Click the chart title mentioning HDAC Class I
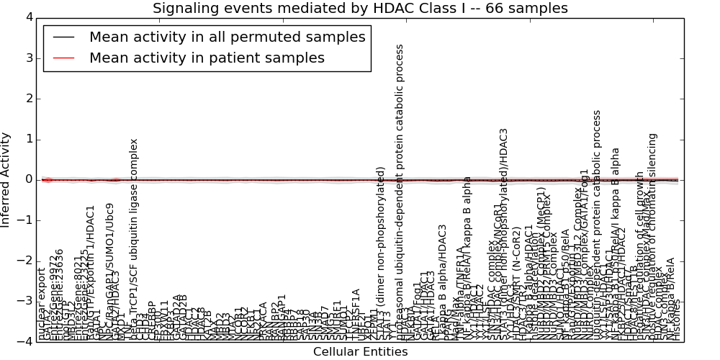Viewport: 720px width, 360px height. coord(360,9)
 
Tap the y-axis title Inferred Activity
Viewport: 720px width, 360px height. coord(6,179)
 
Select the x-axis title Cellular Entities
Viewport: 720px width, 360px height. coord(360,352)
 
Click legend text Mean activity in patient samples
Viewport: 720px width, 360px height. coord(207,58)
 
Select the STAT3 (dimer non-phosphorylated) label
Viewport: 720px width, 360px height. coord(381,253)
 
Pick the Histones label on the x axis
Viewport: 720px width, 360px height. coord(675,320)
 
